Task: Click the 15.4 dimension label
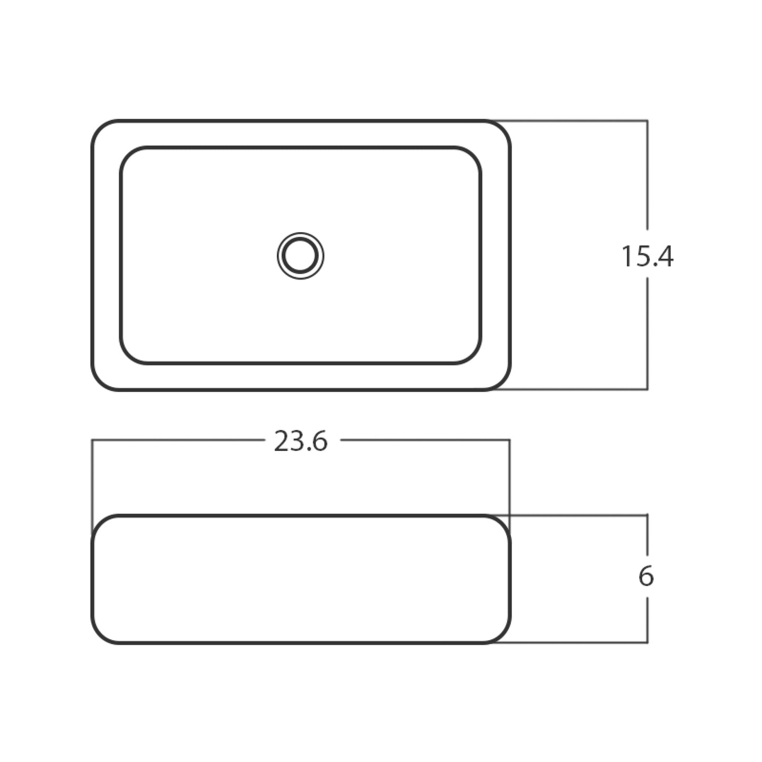click(647, 257)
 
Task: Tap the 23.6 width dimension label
click(301, 441)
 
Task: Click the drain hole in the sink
click(301, 256)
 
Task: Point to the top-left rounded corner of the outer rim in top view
click(100, 130)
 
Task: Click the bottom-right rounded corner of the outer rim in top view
click(502, 381)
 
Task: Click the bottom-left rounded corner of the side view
click(100, 634)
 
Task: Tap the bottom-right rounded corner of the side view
click(502, 634)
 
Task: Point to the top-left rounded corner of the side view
click(100, 524)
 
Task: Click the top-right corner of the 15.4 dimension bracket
click(647, 121)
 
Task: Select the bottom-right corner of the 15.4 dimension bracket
click(647, 390)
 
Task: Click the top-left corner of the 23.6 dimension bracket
click(92, 439)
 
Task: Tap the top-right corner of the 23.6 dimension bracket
click(509, 439)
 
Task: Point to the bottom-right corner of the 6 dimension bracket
click(647, 642)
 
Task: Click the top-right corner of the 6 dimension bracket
click(647, 515)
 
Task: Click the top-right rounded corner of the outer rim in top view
click(502, 130)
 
